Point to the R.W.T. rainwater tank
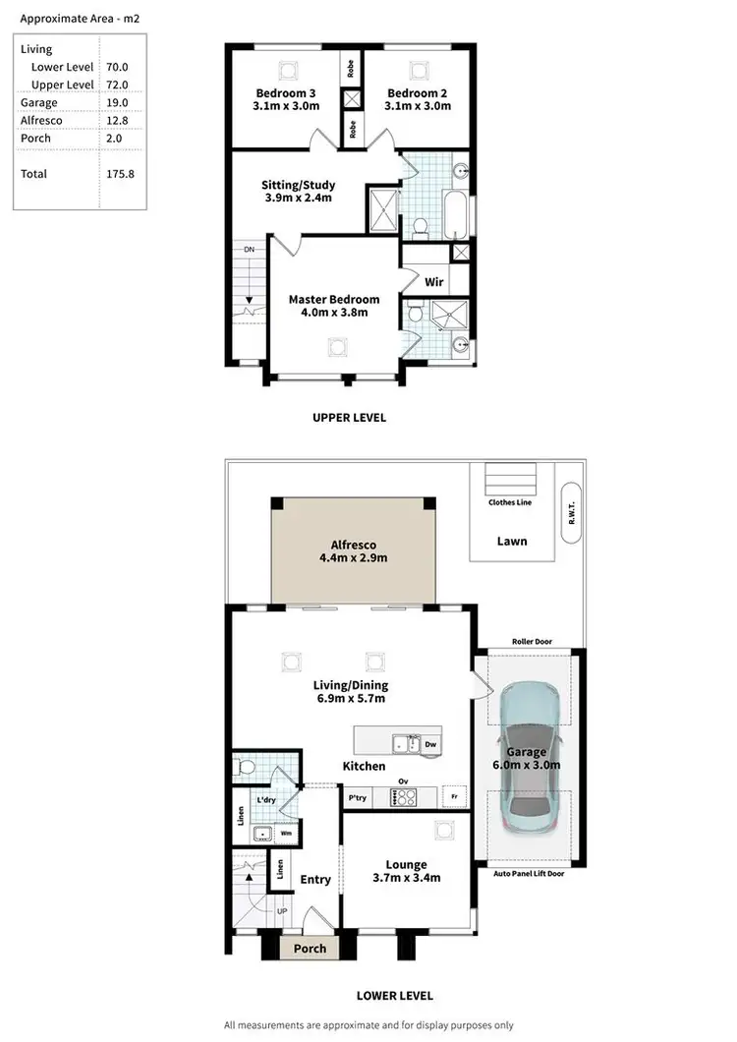pos(571,512)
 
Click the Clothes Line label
pos(511,502)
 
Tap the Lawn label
pos(511,541)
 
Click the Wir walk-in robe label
pos(433,282)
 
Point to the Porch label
pos(311,949)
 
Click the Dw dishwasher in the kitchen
pos(430,745)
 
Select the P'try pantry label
pos(357,798)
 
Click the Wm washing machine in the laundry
pos(286,835)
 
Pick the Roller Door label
pos(532,642)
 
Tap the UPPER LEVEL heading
pos(349,417)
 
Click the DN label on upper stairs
pos(250,250)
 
